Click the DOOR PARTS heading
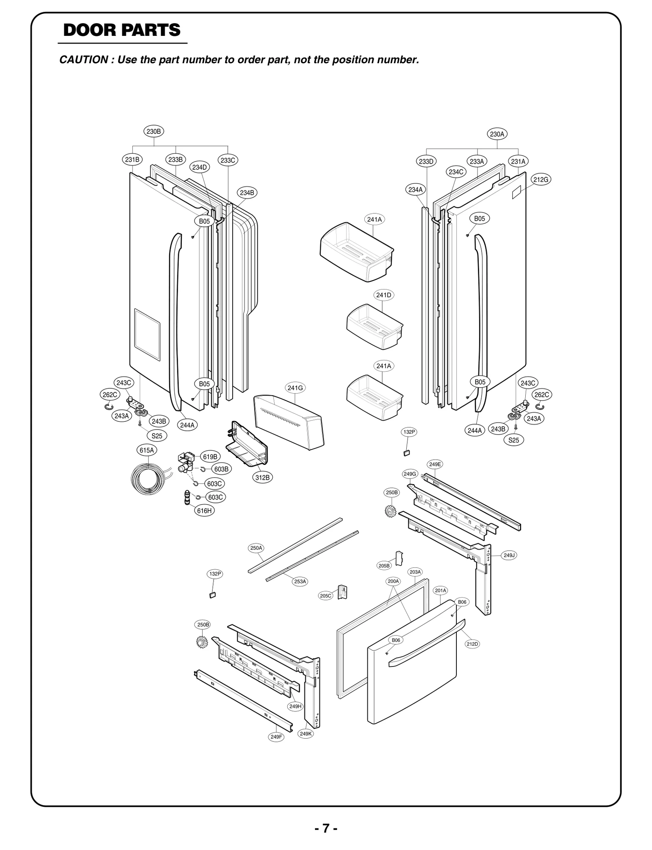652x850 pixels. [x=122, y=30]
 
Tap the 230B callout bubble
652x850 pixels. [x=154, y=131]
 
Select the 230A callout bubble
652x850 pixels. [x=497, y=134]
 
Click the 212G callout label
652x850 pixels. [x=541, y=179]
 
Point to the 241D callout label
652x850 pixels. [x=383, y=295]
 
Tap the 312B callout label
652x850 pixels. [x=262, y=478]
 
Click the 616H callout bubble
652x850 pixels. [x=204, y=510]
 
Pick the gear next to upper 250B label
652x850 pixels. [x=390, y=511]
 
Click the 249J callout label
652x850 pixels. [x=509, y=555]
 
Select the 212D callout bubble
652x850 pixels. [x=472, y=644]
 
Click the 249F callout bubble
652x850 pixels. [x=276, y=737]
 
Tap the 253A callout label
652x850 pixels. [x=300, y=581]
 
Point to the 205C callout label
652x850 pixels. [x=326, y=595]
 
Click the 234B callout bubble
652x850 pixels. [x=247, y=193]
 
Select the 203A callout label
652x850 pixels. [x=415, y=572]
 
